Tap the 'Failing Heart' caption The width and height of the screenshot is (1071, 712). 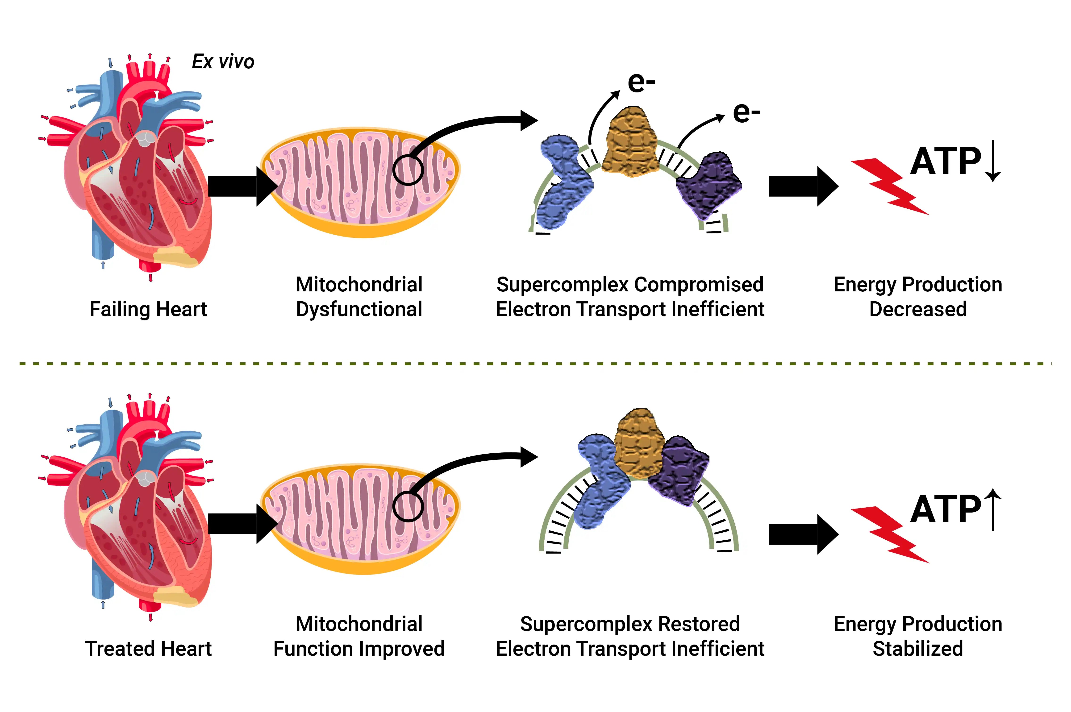(148, 309)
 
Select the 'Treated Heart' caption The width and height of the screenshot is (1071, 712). (148, 648)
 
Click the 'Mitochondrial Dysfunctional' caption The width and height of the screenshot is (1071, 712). (359, 297)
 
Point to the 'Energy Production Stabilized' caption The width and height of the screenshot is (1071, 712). (917, 636)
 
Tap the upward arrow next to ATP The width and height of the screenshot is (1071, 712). (993, 509)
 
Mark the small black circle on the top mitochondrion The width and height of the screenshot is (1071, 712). (408, 170)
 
